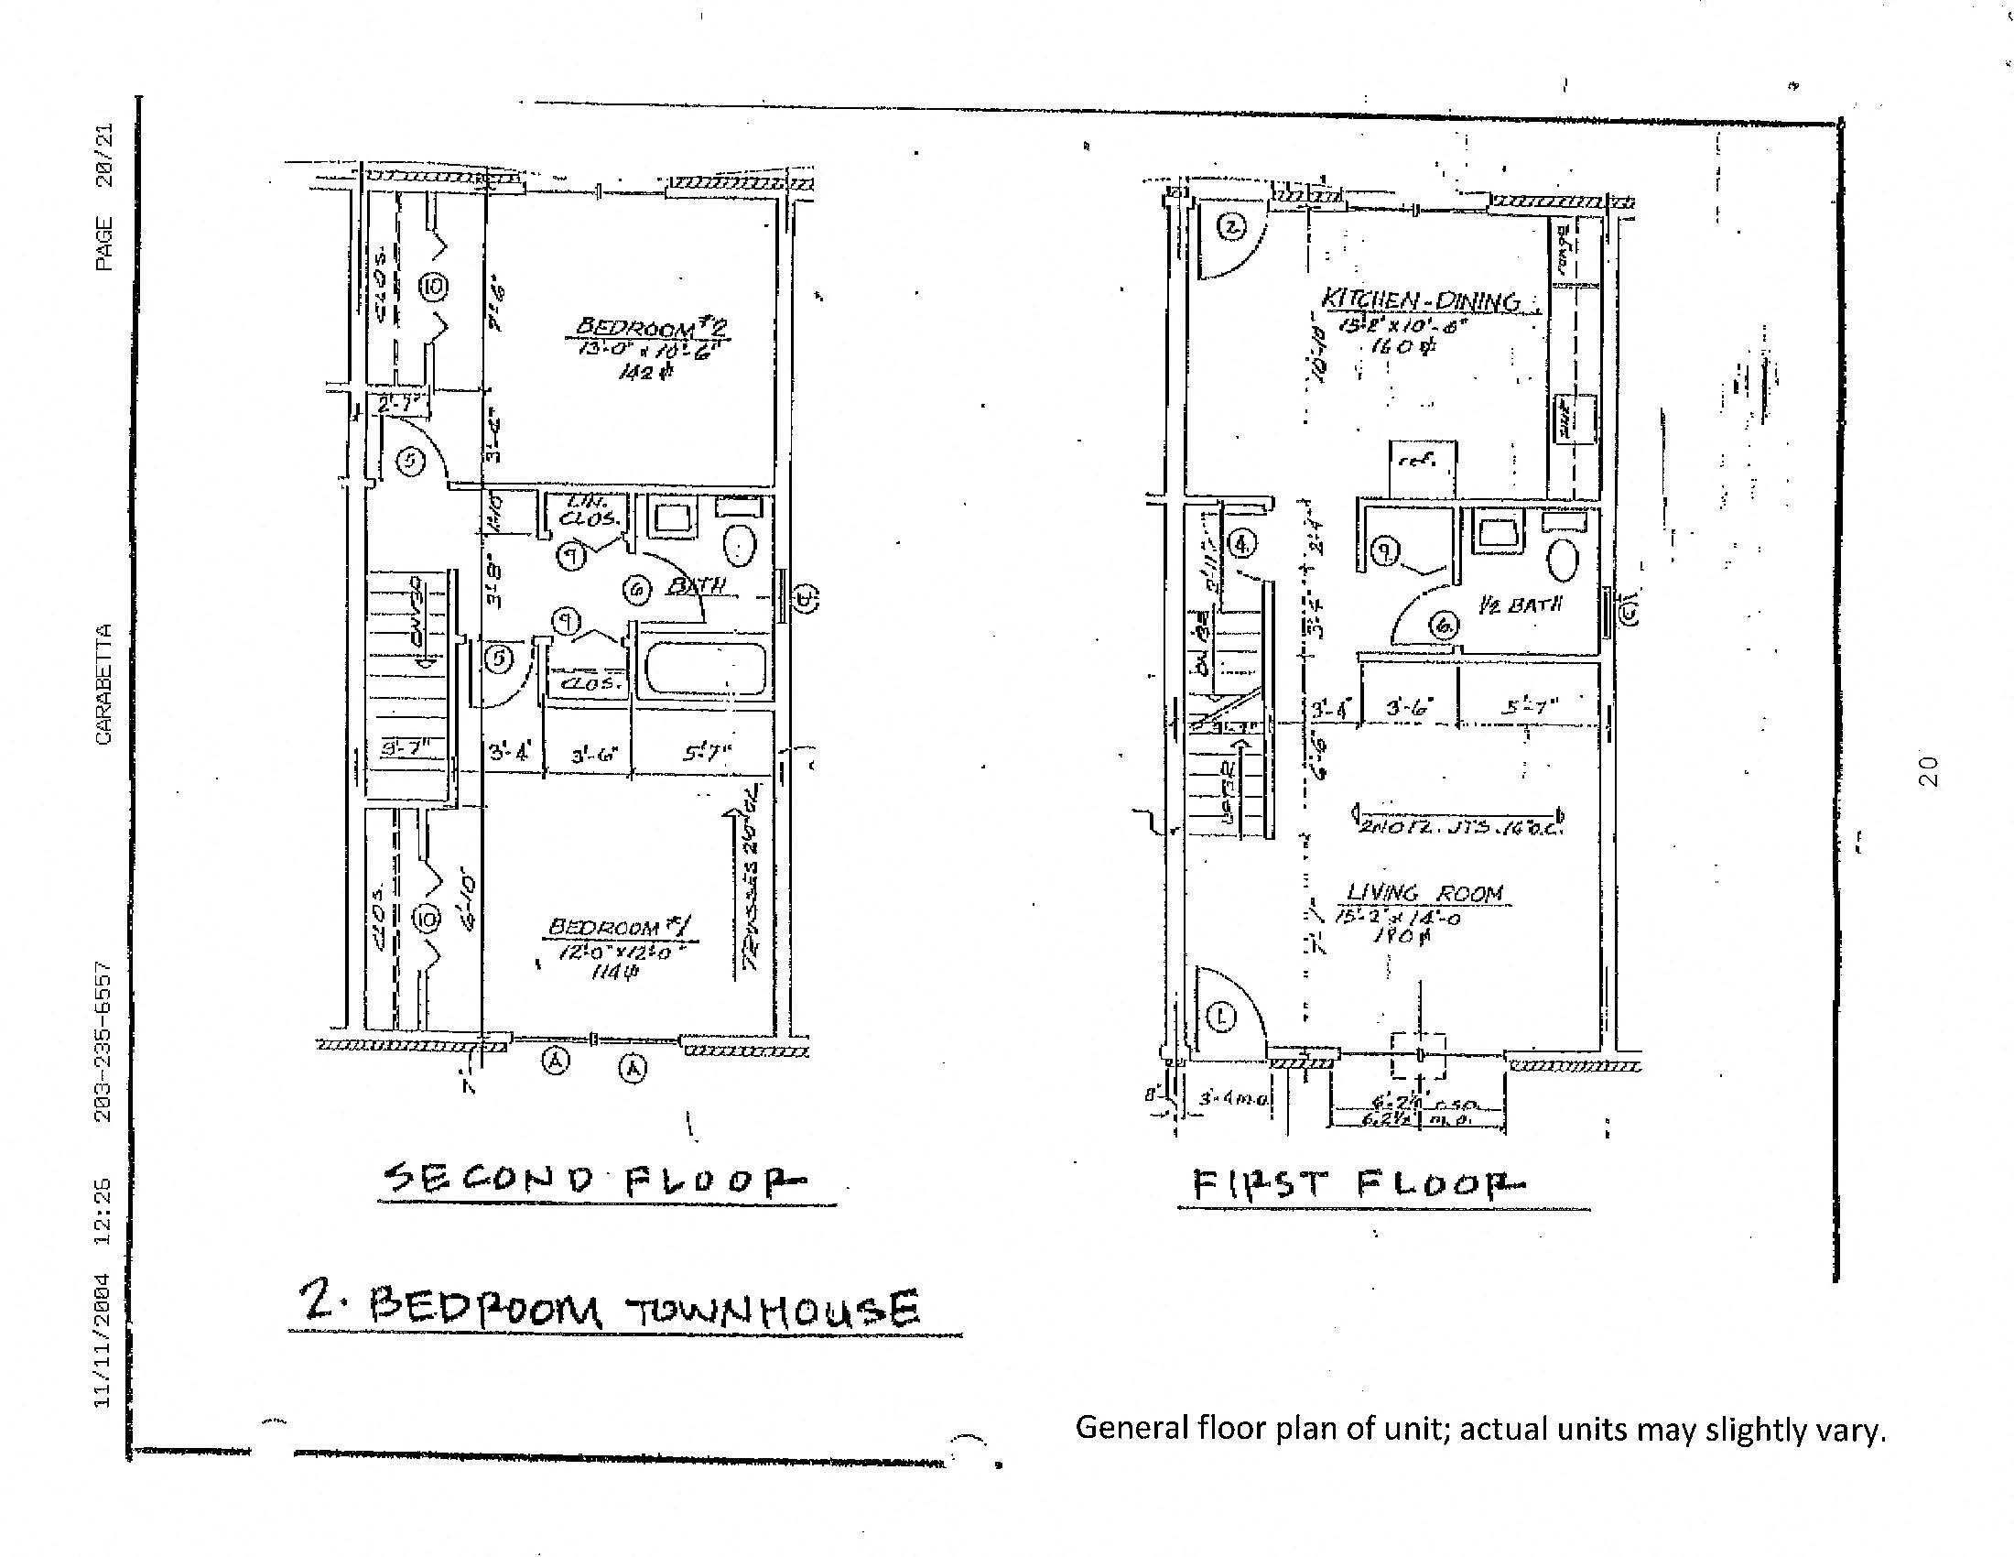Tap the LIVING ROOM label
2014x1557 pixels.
tap(1424, 892)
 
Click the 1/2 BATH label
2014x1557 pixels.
tap(1521, 606)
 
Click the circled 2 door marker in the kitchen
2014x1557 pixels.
tap(1233, 226)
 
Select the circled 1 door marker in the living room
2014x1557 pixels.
tap(1222, 1018)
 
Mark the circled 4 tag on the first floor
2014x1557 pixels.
tap(1243, 545)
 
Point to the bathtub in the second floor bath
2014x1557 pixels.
tap(705, 669)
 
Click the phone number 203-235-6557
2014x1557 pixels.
tap(103, 1041)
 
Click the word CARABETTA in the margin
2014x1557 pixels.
tap(103, 683)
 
